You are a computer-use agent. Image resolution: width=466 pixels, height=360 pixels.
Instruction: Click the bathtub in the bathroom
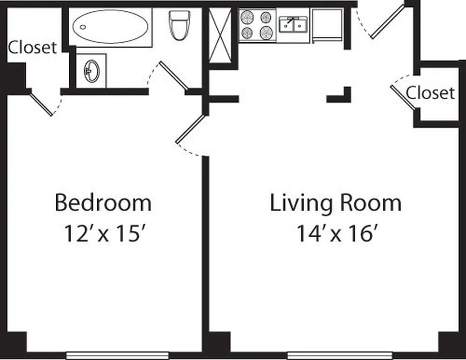point(110,27)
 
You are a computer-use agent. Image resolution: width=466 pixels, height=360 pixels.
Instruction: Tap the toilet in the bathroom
point(179,24)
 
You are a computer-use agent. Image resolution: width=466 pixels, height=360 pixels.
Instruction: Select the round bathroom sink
point(91,71)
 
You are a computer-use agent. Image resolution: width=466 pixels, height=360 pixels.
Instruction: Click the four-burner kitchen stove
point(257,25)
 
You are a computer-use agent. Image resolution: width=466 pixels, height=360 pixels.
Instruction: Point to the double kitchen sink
point(293,25)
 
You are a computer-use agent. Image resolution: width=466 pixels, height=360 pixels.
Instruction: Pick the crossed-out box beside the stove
point(220,35)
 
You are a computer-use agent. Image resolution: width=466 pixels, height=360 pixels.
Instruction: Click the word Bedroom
point(103,203)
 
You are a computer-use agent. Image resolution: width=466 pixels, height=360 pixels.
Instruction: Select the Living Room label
point(335,203)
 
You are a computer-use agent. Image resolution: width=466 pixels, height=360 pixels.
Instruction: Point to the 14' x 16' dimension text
point(336,234)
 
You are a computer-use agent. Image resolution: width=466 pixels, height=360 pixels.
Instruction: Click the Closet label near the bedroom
point(33,47)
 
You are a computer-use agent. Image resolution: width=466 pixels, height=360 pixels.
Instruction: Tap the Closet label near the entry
point(430,93)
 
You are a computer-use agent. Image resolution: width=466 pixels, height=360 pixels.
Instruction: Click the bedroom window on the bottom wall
point(117,355)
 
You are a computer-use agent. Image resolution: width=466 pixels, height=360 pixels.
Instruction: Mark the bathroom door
point(173,75)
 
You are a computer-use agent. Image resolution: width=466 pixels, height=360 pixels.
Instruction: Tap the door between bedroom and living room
point(190,130)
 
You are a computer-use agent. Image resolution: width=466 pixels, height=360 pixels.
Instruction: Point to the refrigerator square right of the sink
point(327,24)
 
